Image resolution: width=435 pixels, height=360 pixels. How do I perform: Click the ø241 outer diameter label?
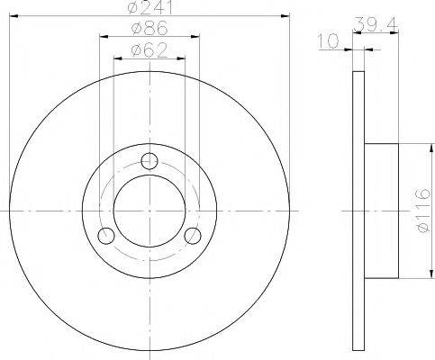[150, 7]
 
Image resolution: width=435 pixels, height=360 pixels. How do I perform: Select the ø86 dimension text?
[150, 29]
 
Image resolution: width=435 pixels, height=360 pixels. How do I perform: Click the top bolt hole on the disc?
[150, 163]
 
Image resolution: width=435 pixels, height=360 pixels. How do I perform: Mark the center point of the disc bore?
[150, 211]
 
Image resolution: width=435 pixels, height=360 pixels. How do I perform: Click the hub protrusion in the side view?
[380, 211]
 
